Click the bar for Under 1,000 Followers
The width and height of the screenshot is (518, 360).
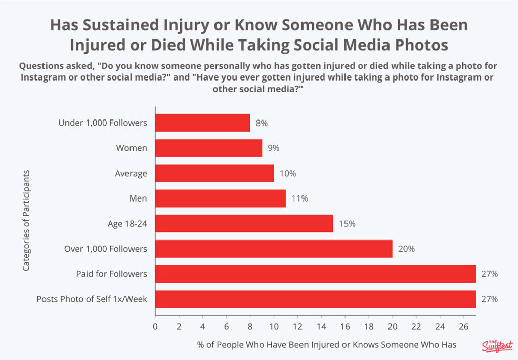(202, 123)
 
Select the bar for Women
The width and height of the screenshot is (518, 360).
(208, 148)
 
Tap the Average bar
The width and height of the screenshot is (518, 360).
(214, 173)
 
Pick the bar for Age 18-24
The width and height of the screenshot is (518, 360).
(244, 223)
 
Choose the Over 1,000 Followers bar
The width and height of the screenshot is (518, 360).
(274, 249)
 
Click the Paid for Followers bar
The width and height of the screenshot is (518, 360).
(315, 274)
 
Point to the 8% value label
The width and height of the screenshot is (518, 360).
(261, 123)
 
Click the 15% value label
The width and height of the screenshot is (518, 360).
(344, 224)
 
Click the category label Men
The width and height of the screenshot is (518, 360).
(138, 198)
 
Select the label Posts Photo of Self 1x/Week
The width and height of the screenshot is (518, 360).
(92, 299)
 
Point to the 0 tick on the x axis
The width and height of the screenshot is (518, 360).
(155, 326)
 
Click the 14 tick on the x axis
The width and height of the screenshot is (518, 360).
(321, 326)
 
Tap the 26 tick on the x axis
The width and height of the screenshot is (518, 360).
(463, 326)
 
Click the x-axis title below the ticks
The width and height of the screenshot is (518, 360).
(327, 345)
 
